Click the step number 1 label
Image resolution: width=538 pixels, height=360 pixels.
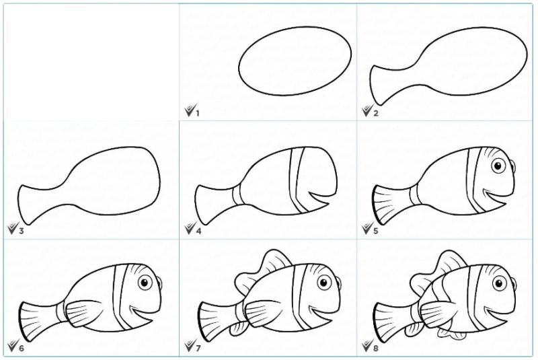[x=198, y=113]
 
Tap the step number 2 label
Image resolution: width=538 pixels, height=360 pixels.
[x=376, y=113]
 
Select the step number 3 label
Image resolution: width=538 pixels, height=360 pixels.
[x=22, y=231]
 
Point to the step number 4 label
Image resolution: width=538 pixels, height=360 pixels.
[x=198, y=231]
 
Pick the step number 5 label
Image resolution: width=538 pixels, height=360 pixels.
[x=376, y=231]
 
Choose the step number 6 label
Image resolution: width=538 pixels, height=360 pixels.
[x=22, y=349]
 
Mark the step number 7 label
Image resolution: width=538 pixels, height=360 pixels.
[x=198, y=349]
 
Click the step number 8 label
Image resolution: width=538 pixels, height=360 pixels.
[x=376, y=349]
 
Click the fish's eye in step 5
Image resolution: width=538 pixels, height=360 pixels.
[x=498, y=166]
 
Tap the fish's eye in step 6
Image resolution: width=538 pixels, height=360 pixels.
[x=145, y=283]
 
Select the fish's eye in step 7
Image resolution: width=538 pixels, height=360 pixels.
[x=324, y=283]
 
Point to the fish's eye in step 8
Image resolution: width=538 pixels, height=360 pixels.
[x=500, y=283]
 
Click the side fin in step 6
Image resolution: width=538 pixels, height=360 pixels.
[x=83, y=313]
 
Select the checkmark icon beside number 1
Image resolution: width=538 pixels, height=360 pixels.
[x=189, y=111]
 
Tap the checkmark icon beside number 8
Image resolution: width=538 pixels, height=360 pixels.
[x=367, y=347]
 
